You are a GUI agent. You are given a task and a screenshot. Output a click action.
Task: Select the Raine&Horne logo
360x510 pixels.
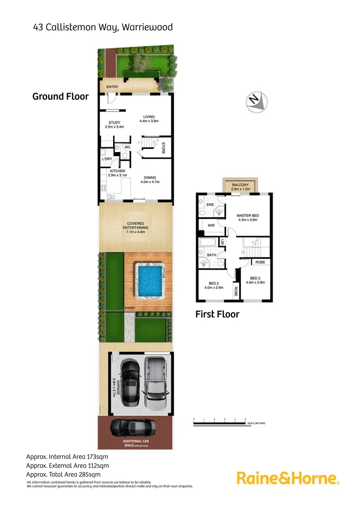288,478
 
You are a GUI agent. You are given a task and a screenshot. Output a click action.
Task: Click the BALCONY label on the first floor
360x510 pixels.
240,186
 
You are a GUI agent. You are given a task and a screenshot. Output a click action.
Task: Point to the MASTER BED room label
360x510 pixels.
248,218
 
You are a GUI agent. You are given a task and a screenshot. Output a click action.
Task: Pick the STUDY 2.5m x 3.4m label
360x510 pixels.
115,125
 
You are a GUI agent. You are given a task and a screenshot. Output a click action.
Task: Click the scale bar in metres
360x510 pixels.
219,423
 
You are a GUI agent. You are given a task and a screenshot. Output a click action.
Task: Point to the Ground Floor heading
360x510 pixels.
60,97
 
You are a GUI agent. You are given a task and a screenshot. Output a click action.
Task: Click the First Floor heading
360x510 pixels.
218,314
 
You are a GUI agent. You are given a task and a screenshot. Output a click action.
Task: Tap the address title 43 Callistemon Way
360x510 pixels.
103,27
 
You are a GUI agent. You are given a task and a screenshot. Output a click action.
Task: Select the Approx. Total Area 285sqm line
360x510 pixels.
63,475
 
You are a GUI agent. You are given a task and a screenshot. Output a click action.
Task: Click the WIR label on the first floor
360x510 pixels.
211,226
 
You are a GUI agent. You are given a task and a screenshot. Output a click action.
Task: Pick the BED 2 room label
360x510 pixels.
214,285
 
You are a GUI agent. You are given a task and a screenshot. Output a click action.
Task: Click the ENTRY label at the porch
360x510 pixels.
112,87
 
